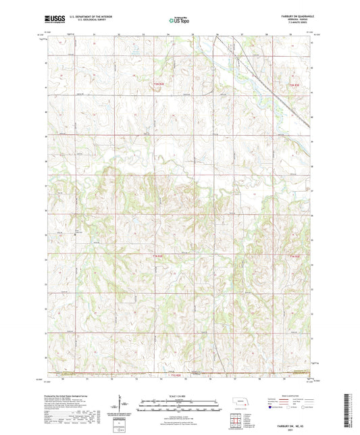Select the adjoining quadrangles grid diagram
[x=236, y=422]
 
